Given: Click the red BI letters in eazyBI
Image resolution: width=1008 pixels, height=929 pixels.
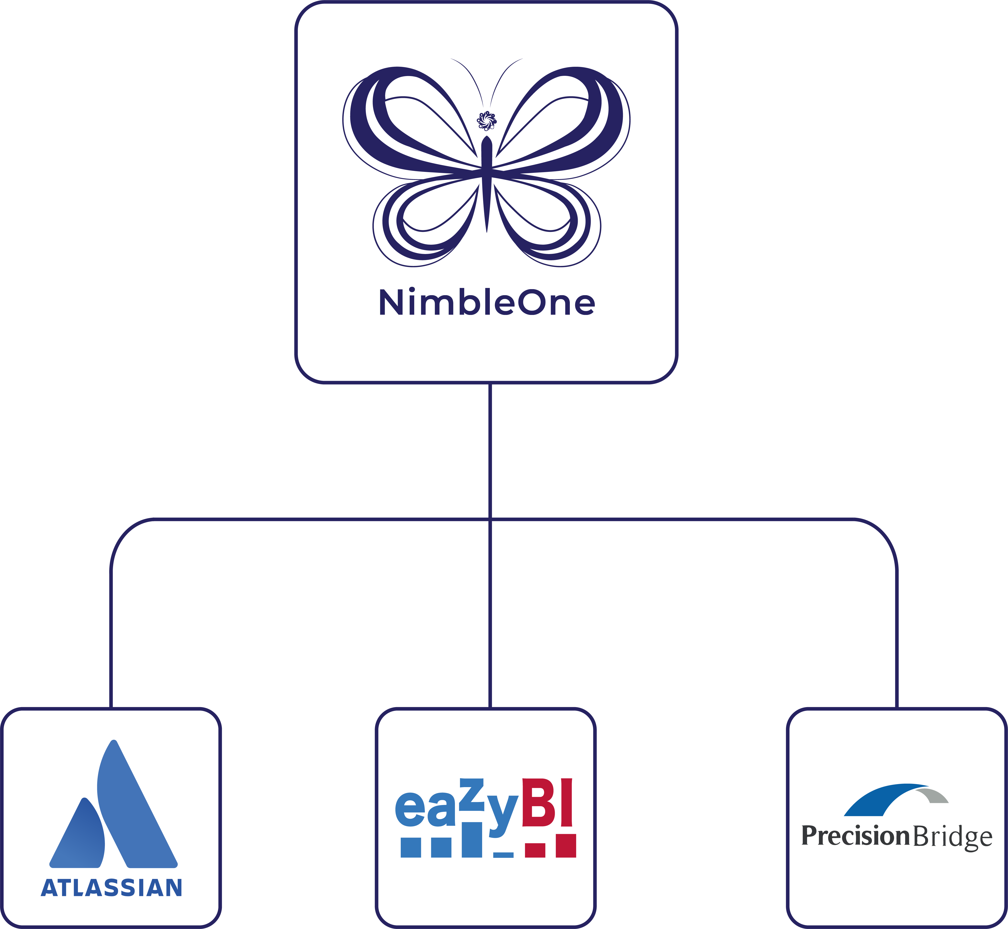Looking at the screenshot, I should point(547,803).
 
